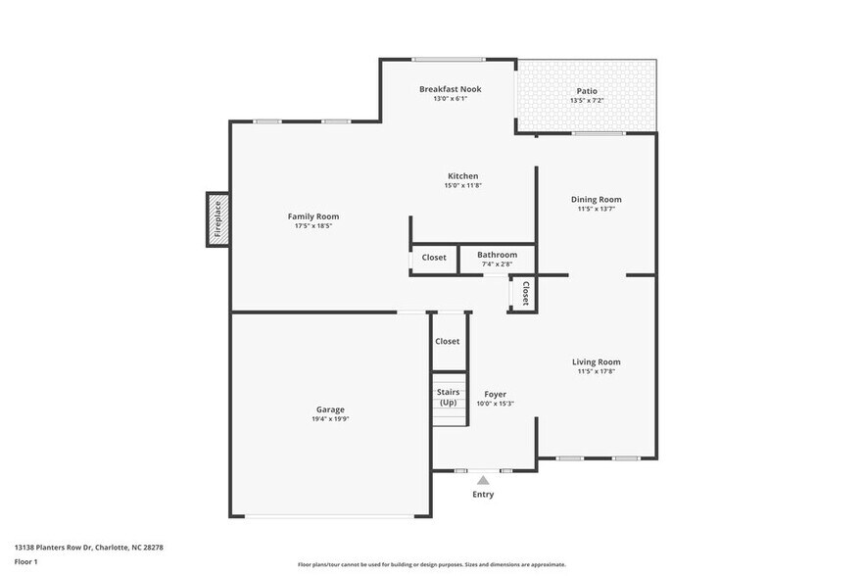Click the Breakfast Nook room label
450,89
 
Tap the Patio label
586,91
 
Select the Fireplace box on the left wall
217,219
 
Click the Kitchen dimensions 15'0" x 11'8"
462,185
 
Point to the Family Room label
312,216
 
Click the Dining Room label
596,200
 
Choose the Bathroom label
498,255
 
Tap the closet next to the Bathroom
434,258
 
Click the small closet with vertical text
525,294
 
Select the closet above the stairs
448,342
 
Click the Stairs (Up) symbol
449,398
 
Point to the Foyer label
495,394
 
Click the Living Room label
596,362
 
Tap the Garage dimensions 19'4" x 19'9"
329,419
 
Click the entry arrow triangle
482,480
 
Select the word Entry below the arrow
483,495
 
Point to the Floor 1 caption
25,561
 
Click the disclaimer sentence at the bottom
431,564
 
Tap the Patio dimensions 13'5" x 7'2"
586,100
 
